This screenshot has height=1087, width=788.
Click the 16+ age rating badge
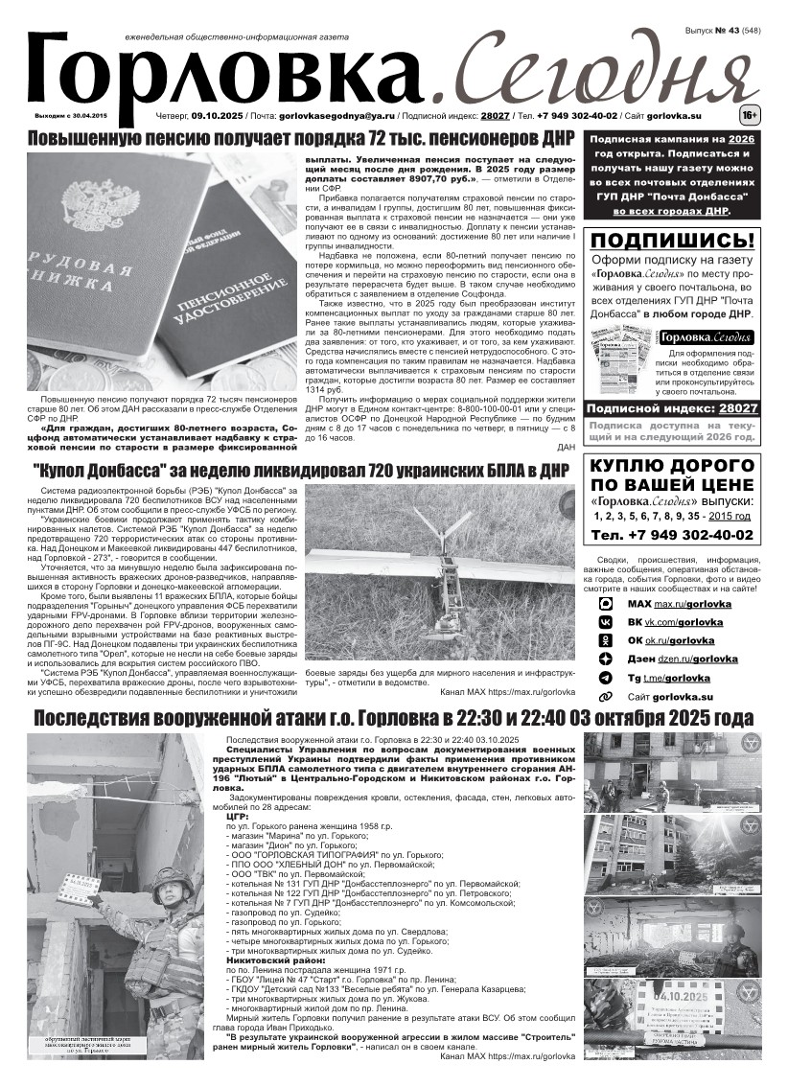[x=750, y=116]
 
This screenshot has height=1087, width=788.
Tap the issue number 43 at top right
[x=738, y=32]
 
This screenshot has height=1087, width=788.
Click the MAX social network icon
[x=606, y=605]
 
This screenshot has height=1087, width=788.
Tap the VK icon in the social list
[x=606, y=622]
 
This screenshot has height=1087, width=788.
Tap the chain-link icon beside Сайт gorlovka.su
[x=606, y=697]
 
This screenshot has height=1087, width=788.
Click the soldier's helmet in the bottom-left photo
[x=174, y=880]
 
